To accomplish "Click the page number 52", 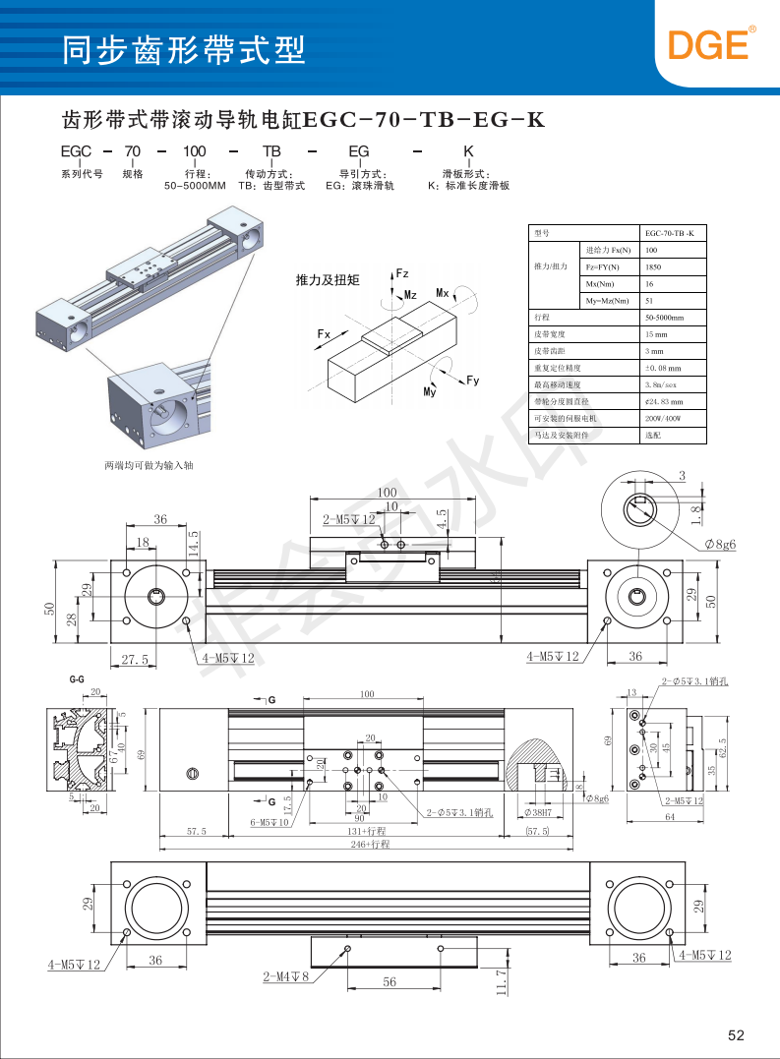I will click(737, 1034).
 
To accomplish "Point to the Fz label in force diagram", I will click(401, 272).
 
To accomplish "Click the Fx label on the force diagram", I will click(324, 334).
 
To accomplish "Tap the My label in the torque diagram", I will click(430, 392).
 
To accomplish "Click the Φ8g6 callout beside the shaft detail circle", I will click(720, 544).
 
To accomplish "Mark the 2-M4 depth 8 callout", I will click(286, 977).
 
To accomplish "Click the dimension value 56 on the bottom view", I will click(390, 982).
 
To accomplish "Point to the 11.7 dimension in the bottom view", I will click(501, 979).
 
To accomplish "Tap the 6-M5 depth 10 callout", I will click(269, 822).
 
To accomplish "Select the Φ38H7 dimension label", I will click(542, 812).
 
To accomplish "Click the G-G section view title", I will click(77, 680).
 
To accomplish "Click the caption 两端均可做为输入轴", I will click(149, 465).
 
